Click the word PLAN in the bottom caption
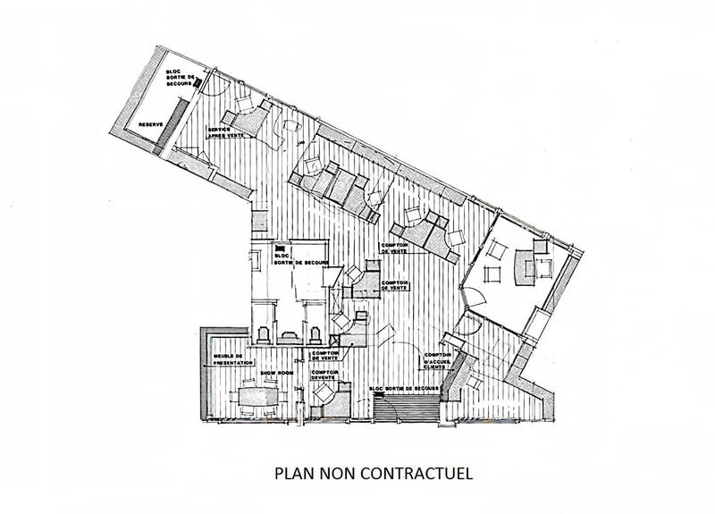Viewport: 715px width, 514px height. [294, 471]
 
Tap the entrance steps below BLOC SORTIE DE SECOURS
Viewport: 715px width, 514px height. [408, 410]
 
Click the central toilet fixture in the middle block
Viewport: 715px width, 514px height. [290, 333]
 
